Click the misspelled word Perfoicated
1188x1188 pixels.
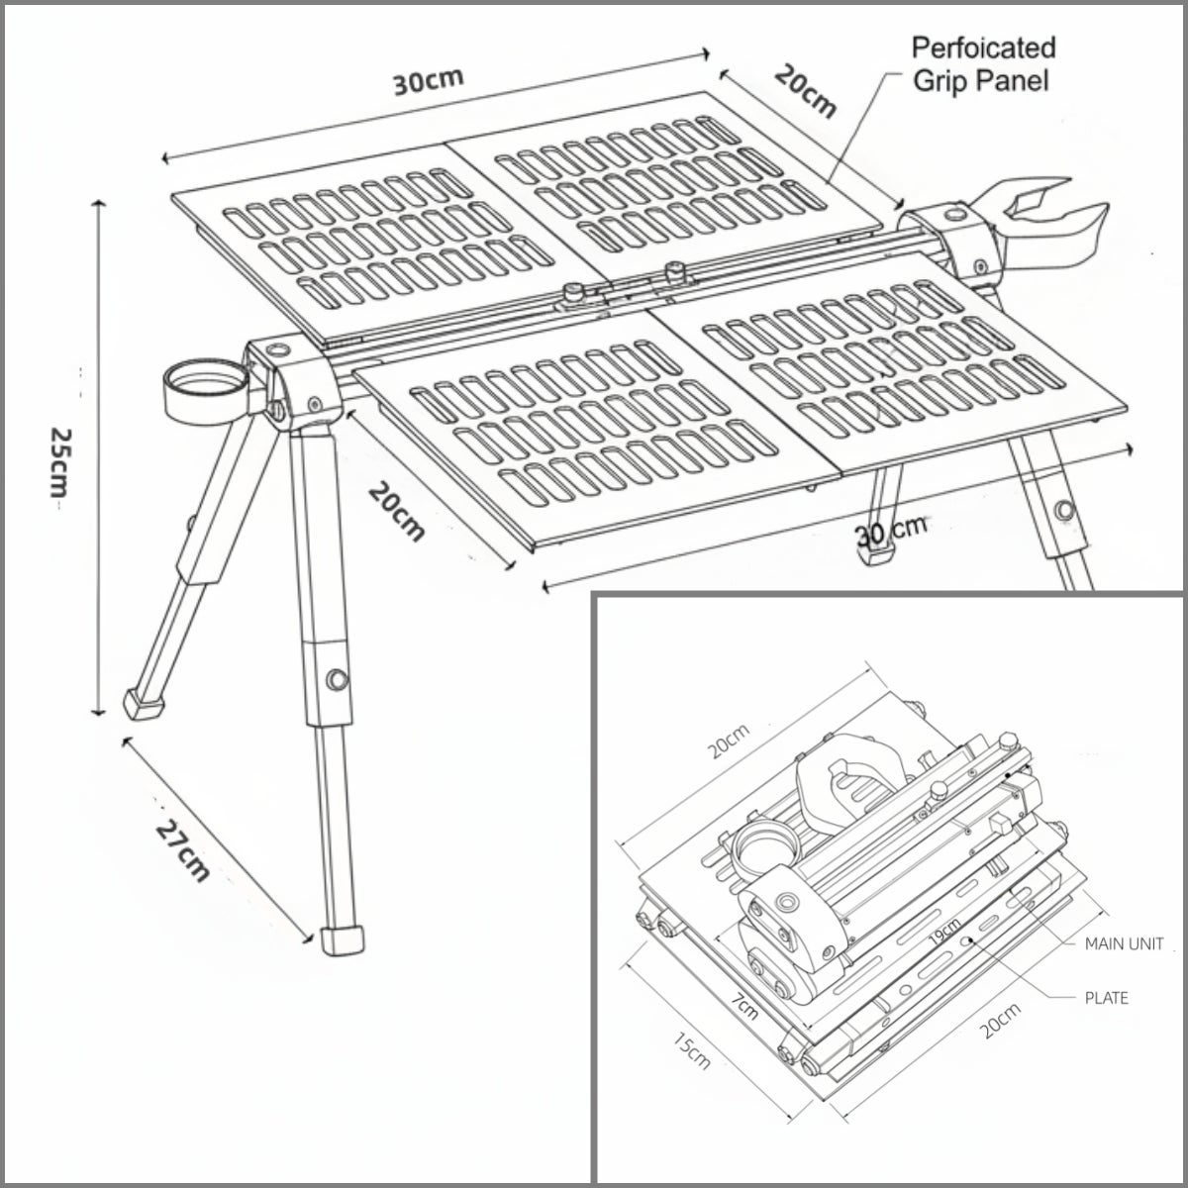click(983, 49)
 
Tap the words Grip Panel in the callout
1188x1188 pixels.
click(981, 81)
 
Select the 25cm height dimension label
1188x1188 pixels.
click(60, 463)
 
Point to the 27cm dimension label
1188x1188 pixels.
click(183, 850)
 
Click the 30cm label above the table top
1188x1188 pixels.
click(428, 81)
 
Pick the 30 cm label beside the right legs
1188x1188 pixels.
click(891, 530)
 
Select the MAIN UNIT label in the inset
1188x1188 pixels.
click(1124, 944)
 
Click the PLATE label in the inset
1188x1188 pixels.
click(1106, 998)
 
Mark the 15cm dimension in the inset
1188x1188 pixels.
click(692, 1051)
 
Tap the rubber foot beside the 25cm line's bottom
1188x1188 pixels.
click(144, 704)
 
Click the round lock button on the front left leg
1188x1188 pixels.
click(338, 679)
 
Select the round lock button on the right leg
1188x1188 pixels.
click(1064, 511)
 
